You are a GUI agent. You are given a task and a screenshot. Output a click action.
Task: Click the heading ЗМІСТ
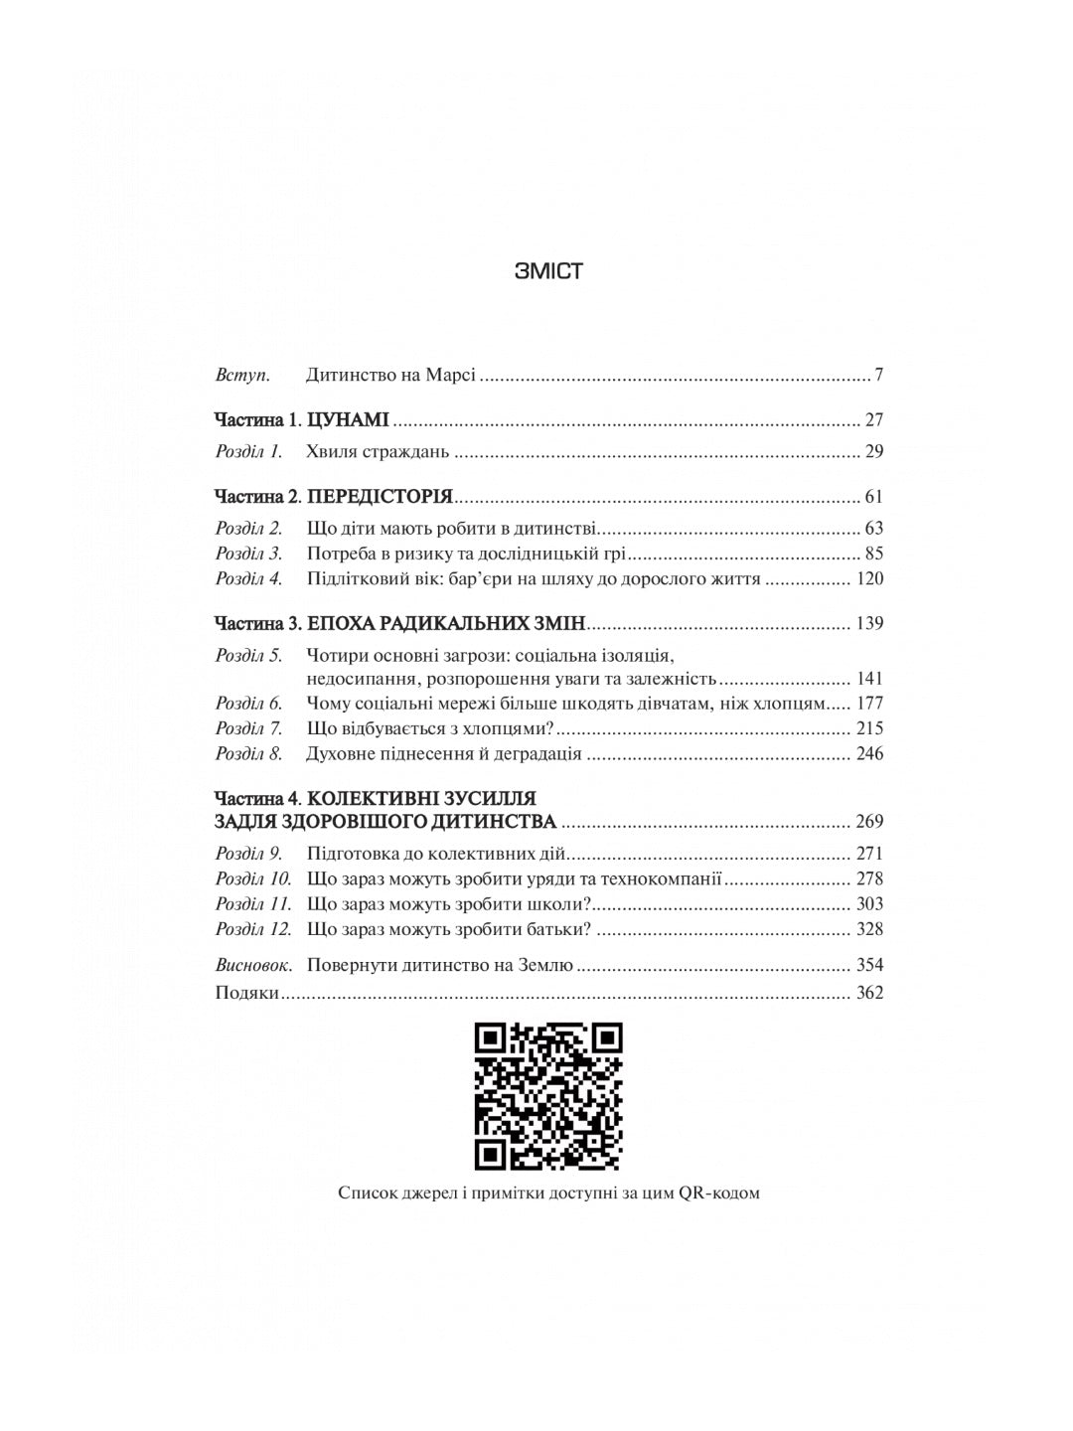point(548,271)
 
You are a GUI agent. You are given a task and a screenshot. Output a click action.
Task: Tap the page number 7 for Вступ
point(879,376)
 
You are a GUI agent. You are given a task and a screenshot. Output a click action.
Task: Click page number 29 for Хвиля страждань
point(873,451)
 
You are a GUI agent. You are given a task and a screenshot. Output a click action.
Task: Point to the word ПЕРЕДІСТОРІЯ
point(380,496)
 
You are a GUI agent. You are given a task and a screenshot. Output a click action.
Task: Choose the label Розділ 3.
point(249,554)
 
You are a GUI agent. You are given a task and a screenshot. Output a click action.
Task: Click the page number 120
point(869,579)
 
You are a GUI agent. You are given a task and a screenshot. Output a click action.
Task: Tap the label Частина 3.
point(257,624)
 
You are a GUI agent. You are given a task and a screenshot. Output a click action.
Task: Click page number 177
point(869,704)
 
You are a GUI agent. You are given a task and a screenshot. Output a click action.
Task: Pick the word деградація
point(536,753)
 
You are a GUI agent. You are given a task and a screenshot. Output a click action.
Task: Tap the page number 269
point(869,822)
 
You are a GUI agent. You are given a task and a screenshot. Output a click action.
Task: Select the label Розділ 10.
point(253,878)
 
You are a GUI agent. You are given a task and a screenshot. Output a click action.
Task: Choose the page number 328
point(869,929)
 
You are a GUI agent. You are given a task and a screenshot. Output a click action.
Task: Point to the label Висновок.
point(254,965)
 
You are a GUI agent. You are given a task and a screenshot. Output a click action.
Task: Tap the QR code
point(548,1096)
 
